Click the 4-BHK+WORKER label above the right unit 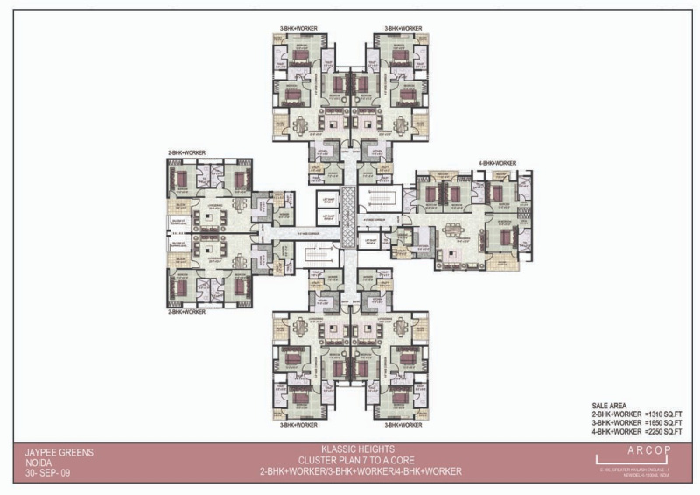tap(496, 163)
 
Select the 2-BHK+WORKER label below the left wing tap(186, 311)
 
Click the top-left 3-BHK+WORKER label tap(298, 30)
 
